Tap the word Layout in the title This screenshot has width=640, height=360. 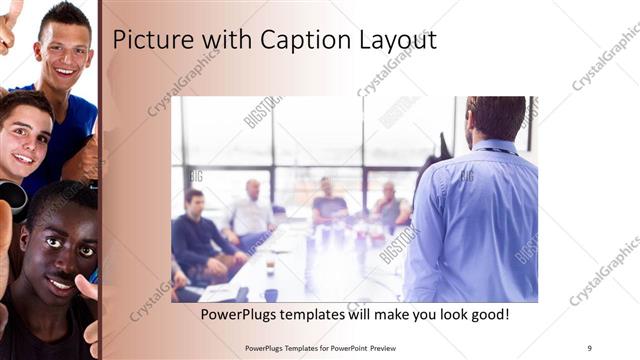[396, 40]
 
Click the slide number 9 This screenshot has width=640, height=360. [590, 347]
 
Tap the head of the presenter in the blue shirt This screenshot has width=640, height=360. [496, 118]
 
